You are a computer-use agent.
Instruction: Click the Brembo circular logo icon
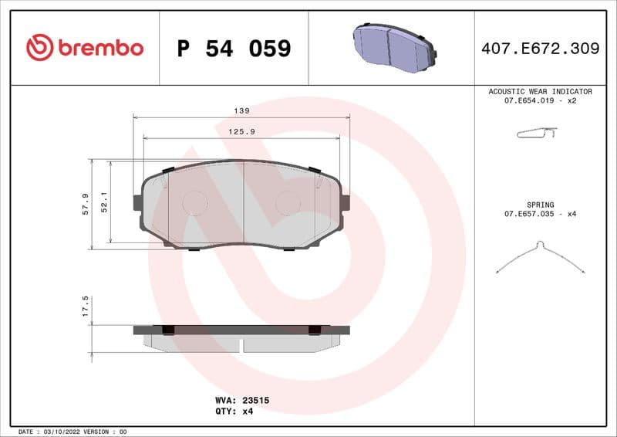point(39,48)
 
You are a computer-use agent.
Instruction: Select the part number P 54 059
point(234,49)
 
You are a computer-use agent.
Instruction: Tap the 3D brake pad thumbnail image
point(393,47)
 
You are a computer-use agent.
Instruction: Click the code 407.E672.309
point(540,49)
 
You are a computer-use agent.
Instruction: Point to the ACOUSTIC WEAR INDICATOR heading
point(540,91)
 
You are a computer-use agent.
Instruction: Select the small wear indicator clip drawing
point(536,134)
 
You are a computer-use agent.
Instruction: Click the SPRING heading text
point(540,205)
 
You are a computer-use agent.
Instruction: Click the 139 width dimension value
point(241,110)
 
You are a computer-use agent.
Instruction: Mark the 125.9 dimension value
point(241,132)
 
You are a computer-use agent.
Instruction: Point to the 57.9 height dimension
point(86,204)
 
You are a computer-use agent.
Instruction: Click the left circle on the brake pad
point(194,202)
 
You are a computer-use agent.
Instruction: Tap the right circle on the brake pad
point(288,202)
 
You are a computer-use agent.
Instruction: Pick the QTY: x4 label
point(234,412)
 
